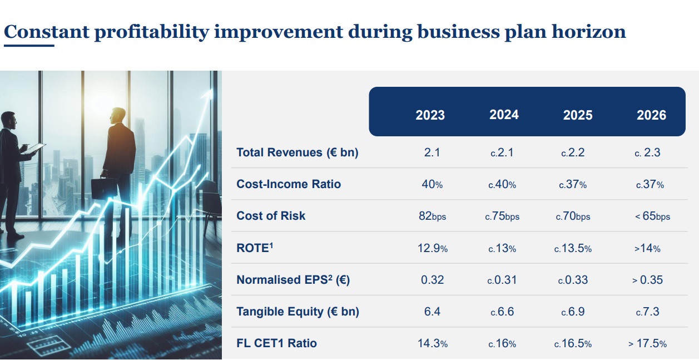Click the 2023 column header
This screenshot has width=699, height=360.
pyautogui.click(x=430, y=115)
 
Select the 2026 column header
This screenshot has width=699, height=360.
pyautogui.click(x=651, y=115)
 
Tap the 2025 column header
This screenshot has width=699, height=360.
pyautogui.click(x=578, y=115)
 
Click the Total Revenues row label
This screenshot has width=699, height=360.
pyautogui.click(x=298, y=152)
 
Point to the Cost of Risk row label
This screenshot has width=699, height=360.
pyautogui.click(x=271, y=216)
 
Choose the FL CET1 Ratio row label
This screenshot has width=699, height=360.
pyautogui.click(x=277, y=343)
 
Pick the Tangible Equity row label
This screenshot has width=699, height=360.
pyautogui.click(x=298, y=312)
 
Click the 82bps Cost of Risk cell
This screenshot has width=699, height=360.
pyautogui.click(x=432, y=216)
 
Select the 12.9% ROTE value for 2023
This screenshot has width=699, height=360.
pyautogui.click(x=432, y=248)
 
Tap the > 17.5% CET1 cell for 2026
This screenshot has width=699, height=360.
pyautogui.click(x=648, y=343)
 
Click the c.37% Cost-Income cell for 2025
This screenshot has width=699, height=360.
pyautogui.click(x=574, y=184)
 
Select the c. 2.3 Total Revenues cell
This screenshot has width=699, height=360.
pyautogui.click(x=647, y=152)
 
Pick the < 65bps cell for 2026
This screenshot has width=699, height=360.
pyautogui.click(x=652, y=216)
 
